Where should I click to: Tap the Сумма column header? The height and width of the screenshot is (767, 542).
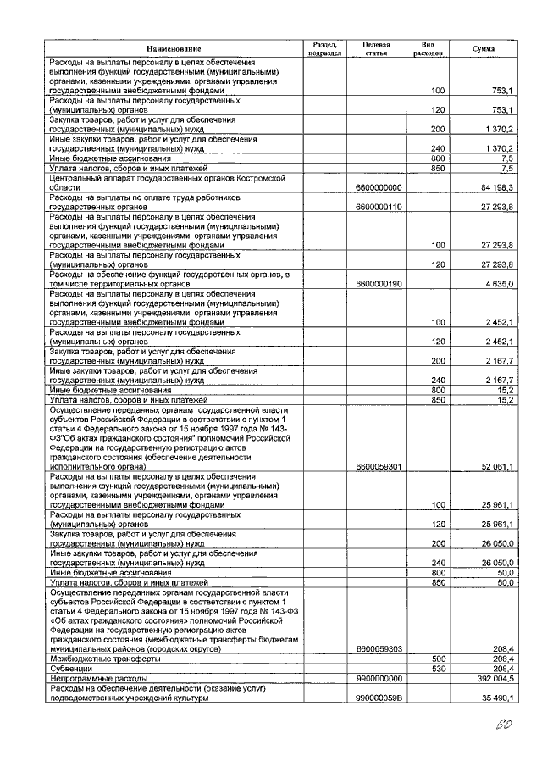483,50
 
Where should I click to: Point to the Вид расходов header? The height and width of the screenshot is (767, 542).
429,50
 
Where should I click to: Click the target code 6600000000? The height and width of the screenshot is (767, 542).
379,187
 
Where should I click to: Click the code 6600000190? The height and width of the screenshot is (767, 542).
379,284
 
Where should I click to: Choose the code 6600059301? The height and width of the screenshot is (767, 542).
379,466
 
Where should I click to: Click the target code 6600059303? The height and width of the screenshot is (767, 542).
379,649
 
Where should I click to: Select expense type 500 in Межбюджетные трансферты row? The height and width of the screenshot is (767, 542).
438,659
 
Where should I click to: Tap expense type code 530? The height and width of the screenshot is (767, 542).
438,668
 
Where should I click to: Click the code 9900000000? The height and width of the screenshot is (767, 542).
379,678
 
